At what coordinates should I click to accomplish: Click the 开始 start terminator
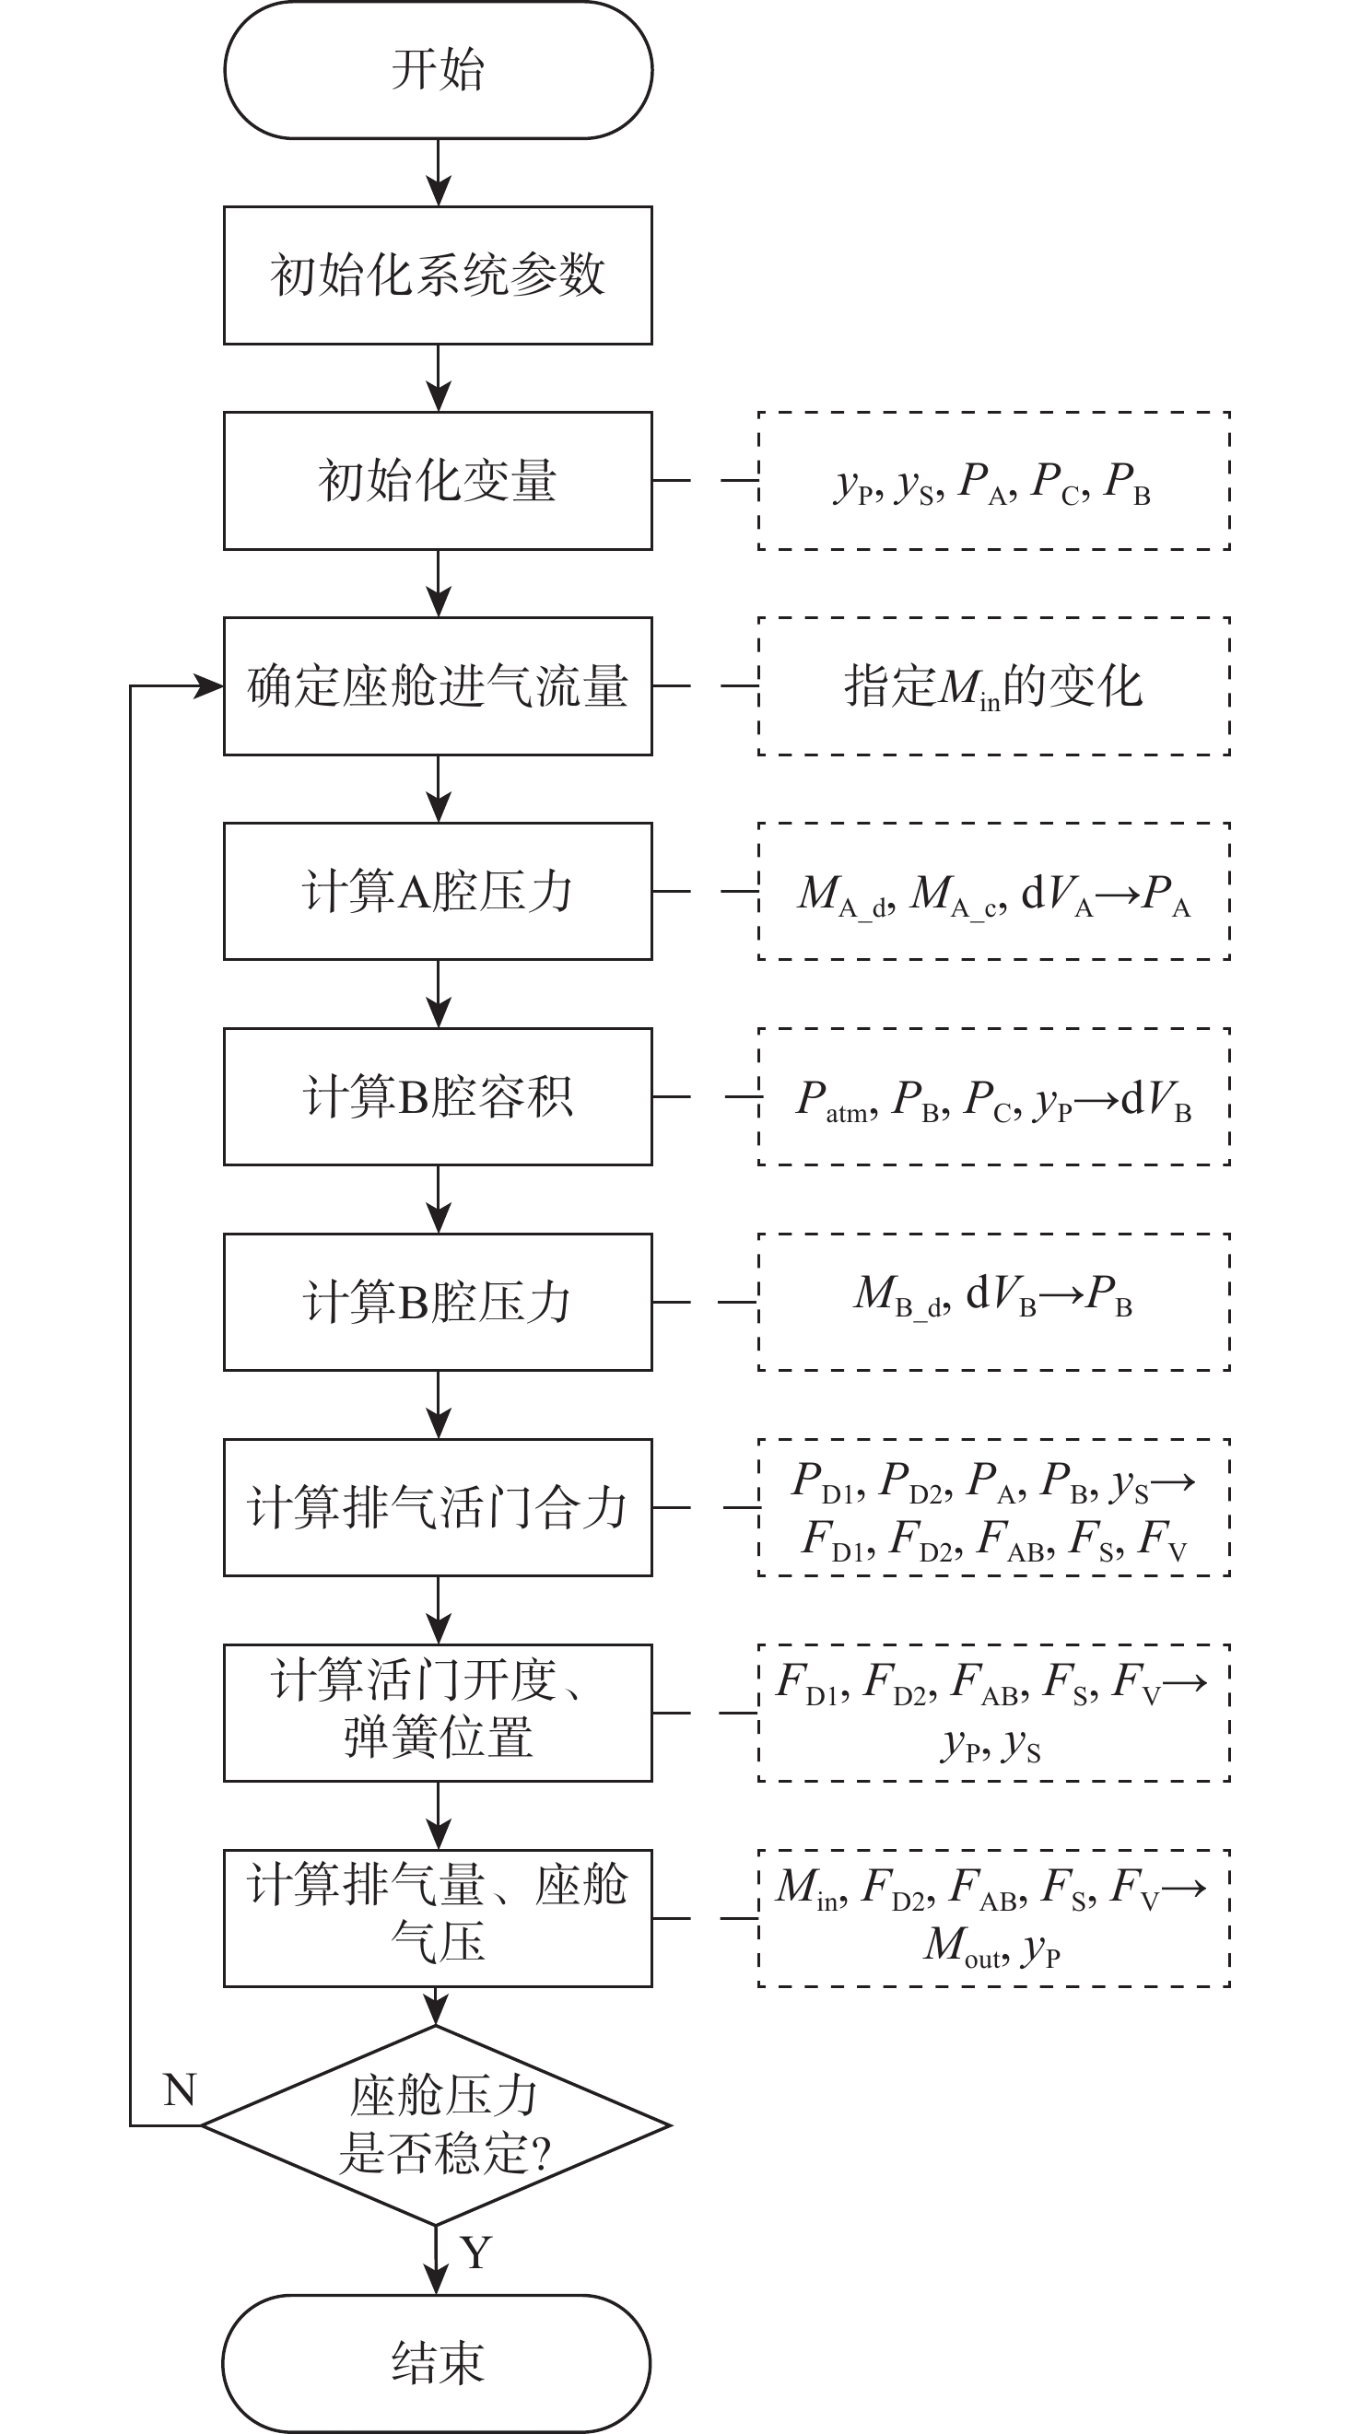click(x=438, y=70)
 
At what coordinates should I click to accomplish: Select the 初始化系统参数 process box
click(x=438, y=275)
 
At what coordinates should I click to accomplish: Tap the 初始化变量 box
click(x=438, y=480)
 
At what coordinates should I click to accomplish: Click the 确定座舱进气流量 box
click(x=438, y=686)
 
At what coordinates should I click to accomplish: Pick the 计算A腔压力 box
click(x=438, y=891)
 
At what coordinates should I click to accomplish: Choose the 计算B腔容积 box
click(x=438, y=1096)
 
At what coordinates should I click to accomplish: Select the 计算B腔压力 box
click(x=438, y=1302)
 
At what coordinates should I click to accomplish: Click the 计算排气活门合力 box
click(x=438, y=1507)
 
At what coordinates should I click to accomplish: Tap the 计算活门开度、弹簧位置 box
click(x=438, y=1712)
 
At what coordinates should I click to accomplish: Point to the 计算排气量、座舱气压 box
click(x=438, y=1918)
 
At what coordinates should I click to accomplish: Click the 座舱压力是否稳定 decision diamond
click(x=438, y=2126)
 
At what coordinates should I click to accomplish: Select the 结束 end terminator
click(x=438, y=2362)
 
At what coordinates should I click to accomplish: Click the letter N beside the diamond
click(x=180, y=2090)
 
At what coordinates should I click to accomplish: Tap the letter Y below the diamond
click(x=476, y=2253)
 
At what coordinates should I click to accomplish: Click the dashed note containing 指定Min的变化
click(x=993, y=686)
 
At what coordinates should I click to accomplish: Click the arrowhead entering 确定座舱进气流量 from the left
click(x=209, y=686)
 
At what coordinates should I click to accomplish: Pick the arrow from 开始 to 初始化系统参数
click(x=438, y=174)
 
